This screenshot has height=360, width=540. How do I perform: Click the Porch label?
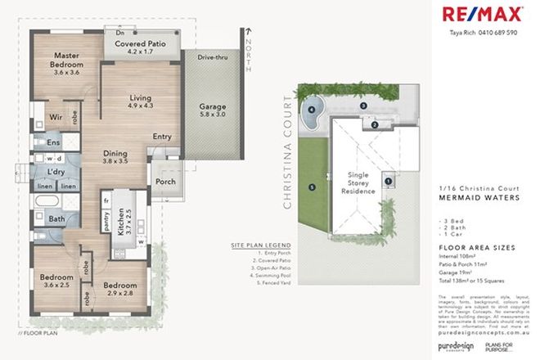(x=165, y=182)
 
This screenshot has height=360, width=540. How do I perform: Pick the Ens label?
(x=44, y=142)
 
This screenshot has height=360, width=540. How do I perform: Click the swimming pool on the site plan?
(x=314, y=115)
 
